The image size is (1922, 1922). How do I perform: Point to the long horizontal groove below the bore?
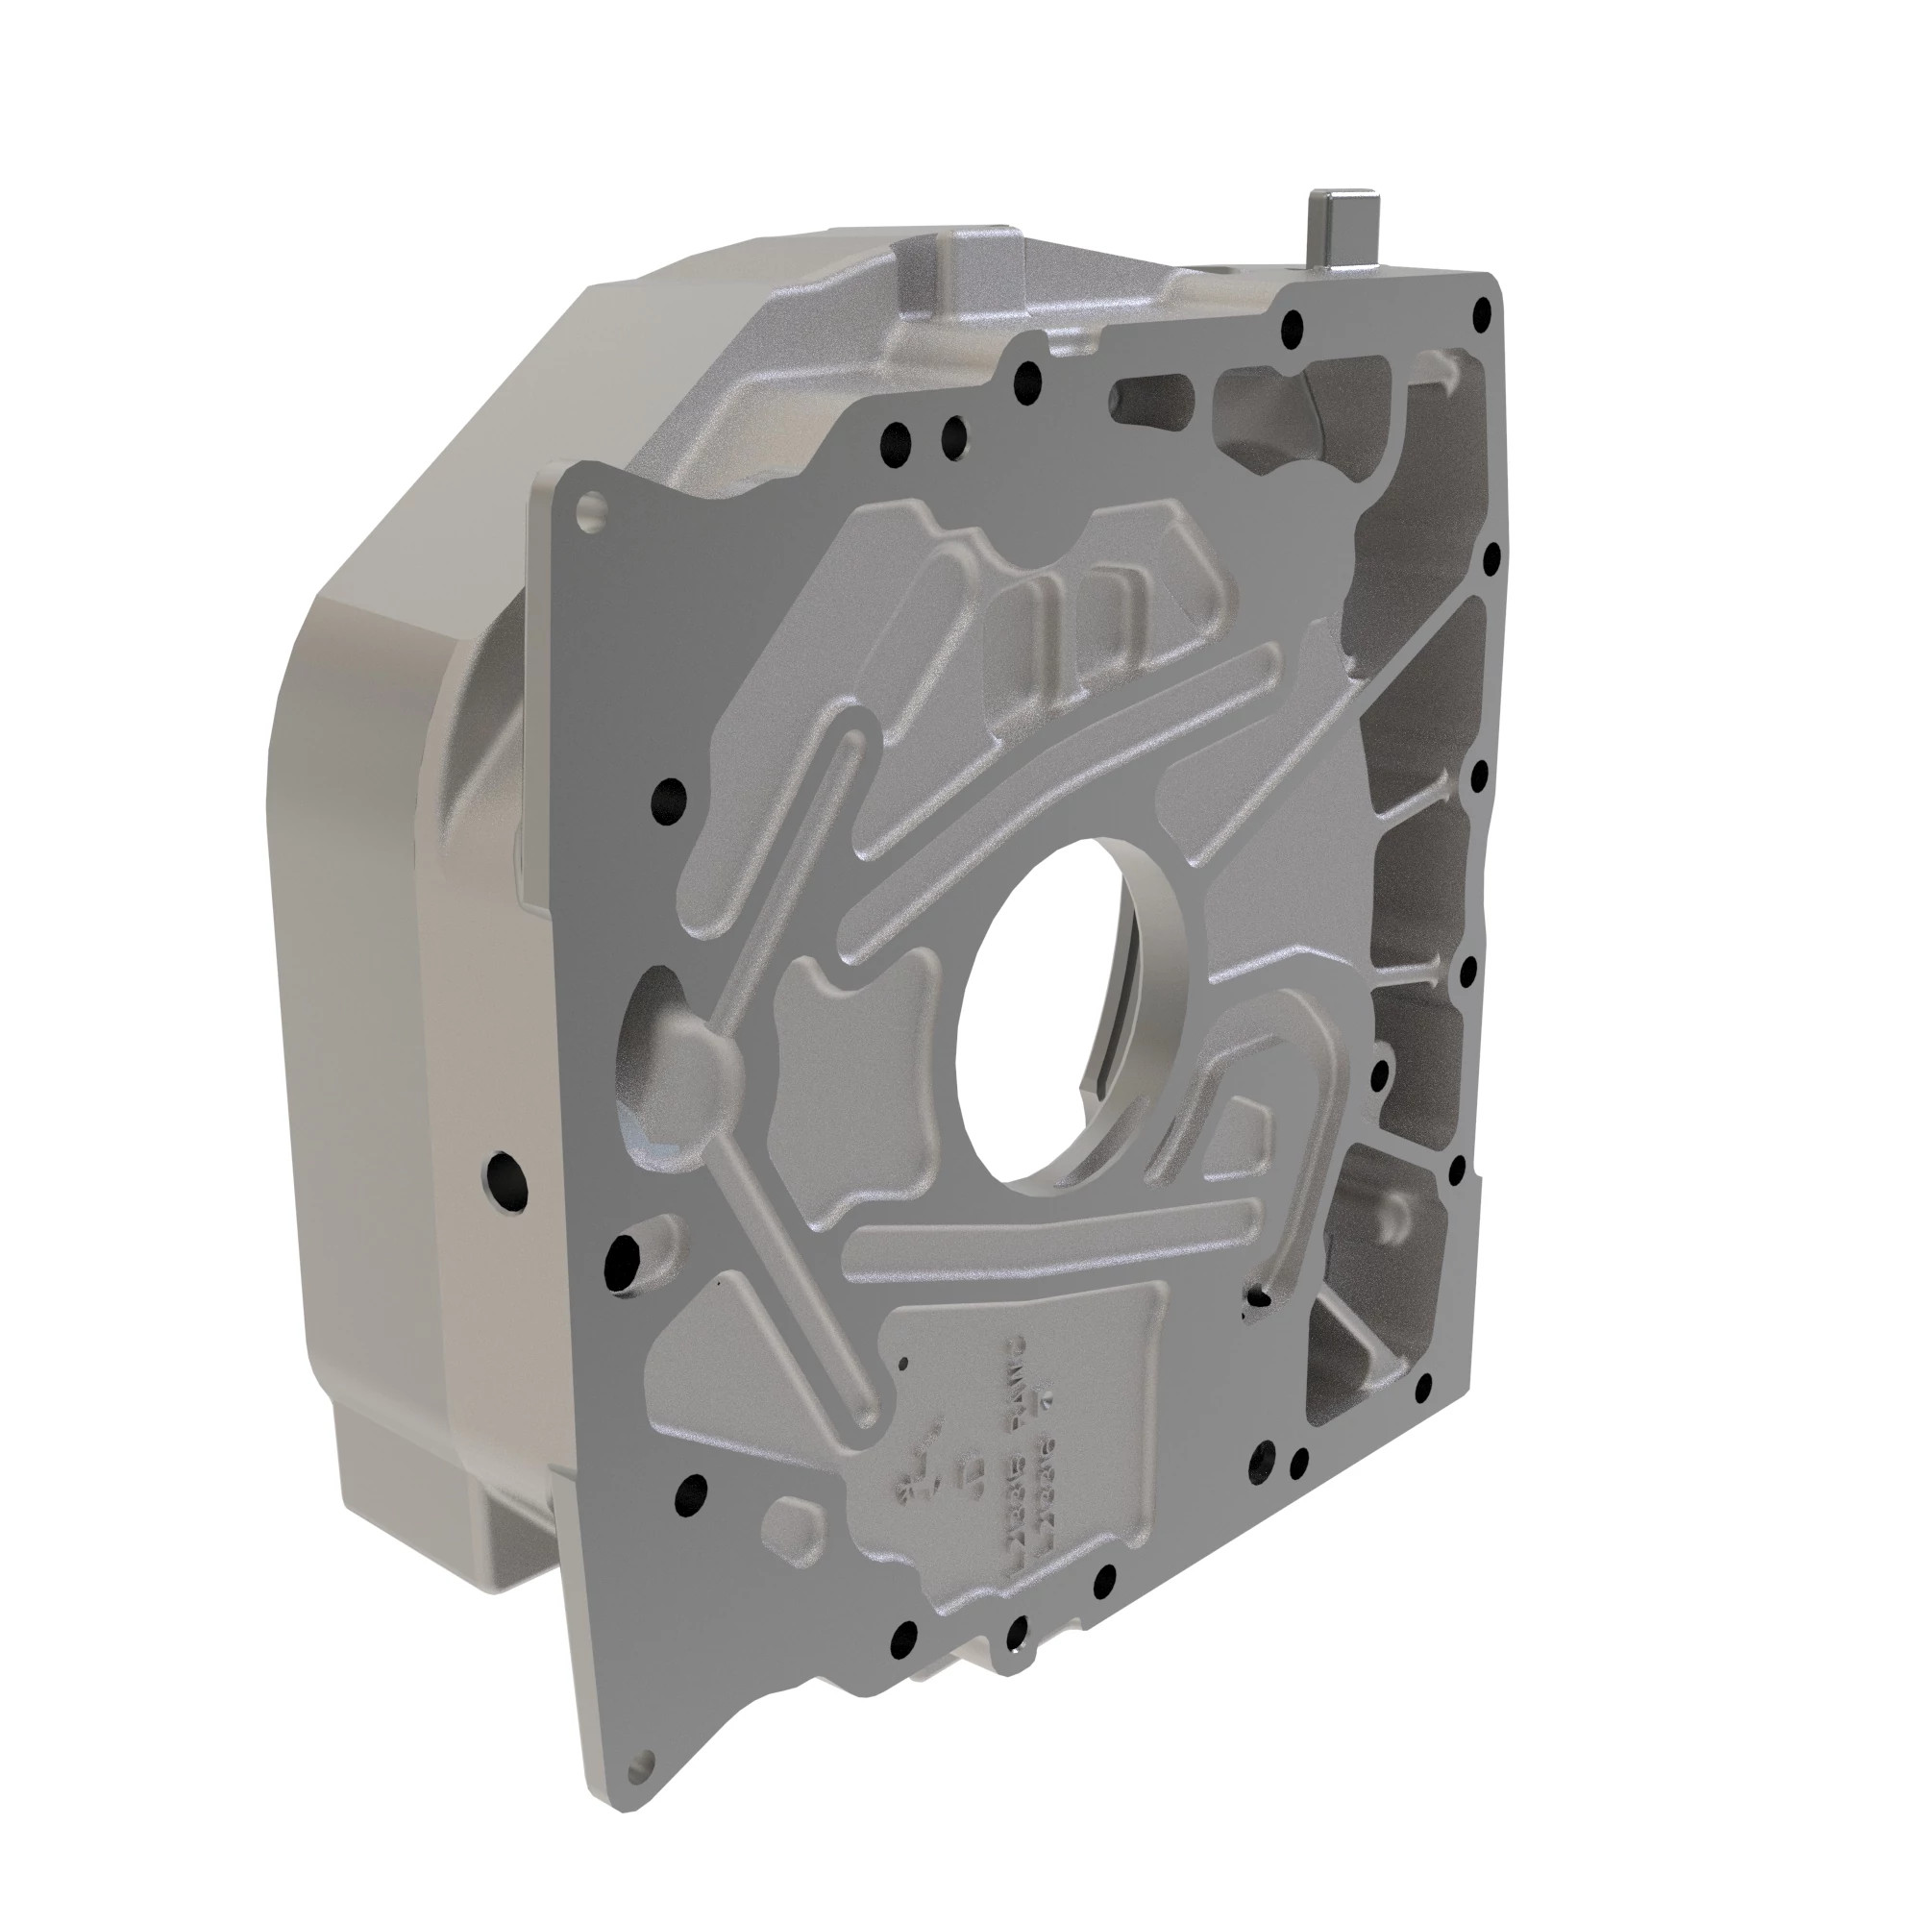[x=1054, y=1234]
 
